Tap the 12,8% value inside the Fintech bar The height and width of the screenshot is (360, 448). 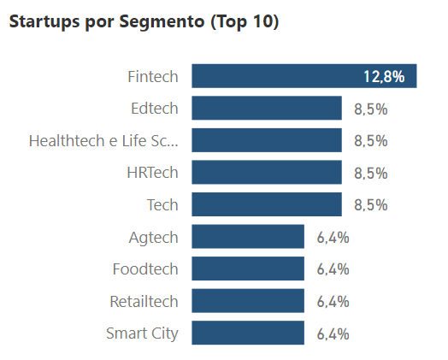pyautogui.click(x=383, y=77)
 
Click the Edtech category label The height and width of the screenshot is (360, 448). pyautogui.click(x=154, y=109)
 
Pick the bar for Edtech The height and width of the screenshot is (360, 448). pyautogui.click(x=266, y=109)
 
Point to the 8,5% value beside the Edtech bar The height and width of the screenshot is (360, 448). pyautogui.click(x=370, y=109)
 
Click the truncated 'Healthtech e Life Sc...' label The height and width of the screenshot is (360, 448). pyautogui.click(x=103, y=140)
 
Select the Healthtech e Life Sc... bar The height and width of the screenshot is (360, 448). pyautogui.click(x=266, y=140)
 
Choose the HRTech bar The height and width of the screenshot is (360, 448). pyautogui.click(x=266, y=173)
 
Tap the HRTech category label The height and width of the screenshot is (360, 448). pyautogui.click(x=152, y=173)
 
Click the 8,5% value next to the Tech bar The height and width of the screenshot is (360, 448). pyautogui.click(x=370, y=205)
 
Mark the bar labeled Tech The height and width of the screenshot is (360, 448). pyautogui.click(x=266, y=204)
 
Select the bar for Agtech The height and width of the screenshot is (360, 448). pyautogui.click(x=248, y=237)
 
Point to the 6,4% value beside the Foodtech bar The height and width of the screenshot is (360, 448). pyautogui.click(x=333, y=269)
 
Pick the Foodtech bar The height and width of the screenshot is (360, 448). pyautogui.click(x=248, y=269)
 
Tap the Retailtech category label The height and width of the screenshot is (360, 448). pyautogui.click(x=144, y=301)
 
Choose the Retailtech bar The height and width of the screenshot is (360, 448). pyautogui.click(x=248, y=301)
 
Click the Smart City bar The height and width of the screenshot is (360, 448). pyautogui.click(x=248, y=333)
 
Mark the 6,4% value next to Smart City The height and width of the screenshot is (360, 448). pyautogui.click(x=333, y=333)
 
